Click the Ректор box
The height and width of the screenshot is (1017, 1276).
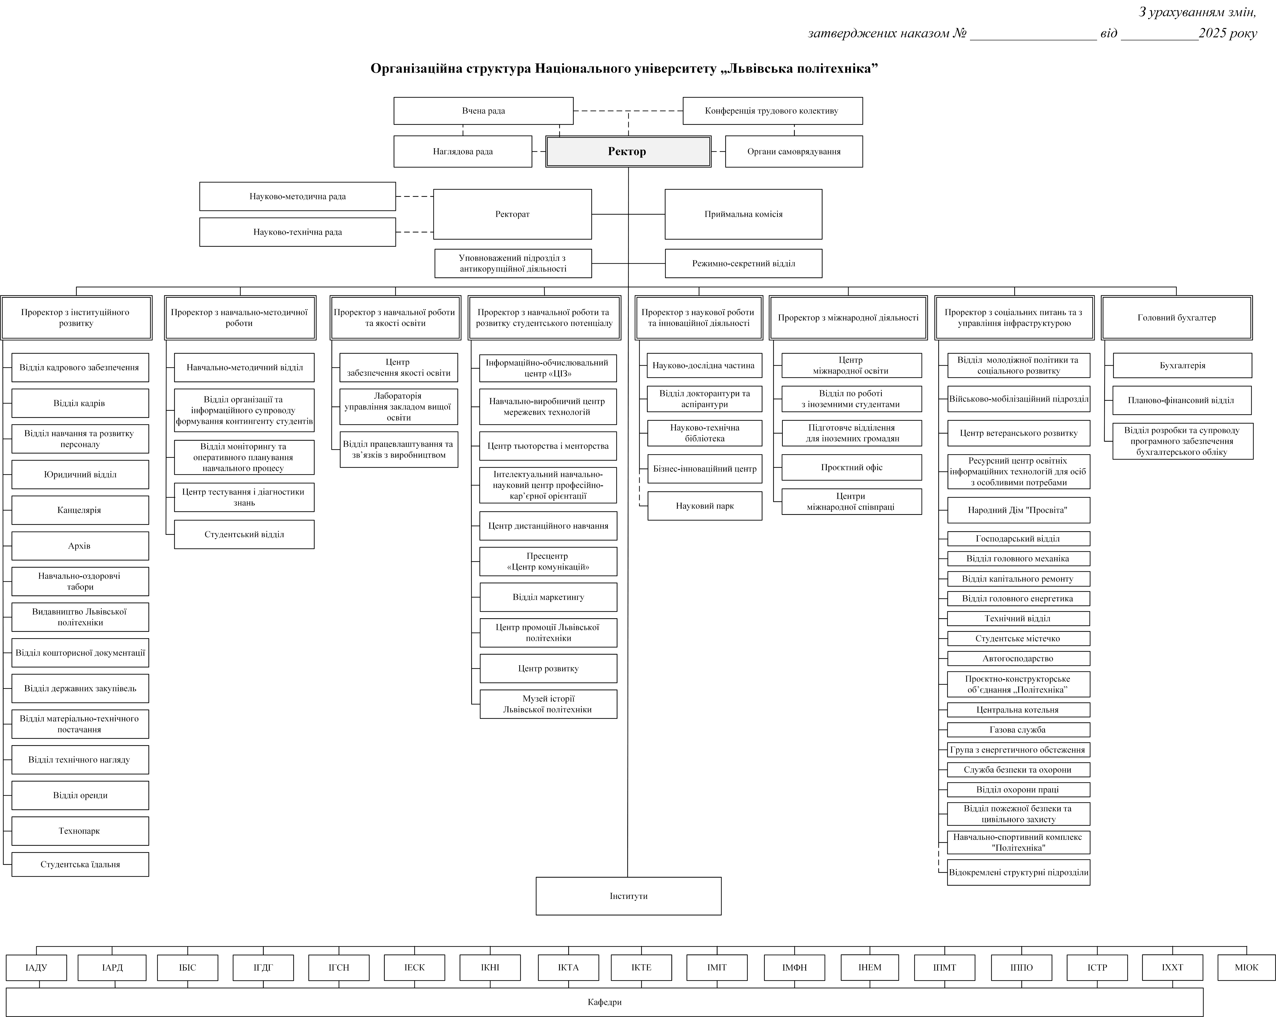click(627, 152)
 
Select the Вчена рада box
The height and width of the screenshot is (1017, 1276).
click(483, 111)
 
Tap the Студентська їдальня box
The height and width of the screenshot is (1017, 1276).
click(80, 864)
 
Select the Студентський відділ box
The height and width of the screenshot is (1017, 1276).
click(244, 535)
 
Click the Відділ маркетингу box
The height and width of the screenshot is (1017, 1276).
click(548, 597)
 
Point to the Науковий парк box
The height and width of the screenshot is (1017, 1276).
click(704, 506)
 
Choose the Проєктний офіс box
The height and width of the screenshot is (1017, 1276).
click(851, 468)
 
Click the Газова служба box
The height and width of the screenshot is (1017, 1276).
click(1018, 730)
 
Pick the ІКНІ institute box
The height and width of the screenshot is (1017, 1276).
click(490, 967)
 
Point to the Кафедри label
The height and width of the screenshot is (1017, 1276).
click(604, 1002)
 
